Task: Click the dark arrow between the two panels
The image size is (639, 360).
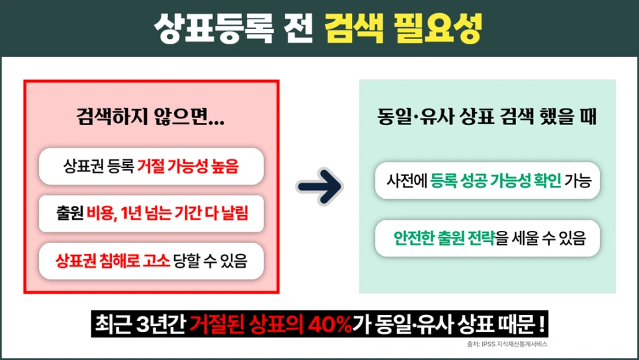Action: [320, 187]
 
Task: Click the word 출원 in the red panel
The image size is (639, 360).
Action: [69, 214]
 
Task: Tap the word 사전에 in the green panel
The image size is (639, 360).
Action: [408, 180]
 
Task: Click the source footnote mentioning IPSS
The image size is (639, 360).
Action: [507, 345]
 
